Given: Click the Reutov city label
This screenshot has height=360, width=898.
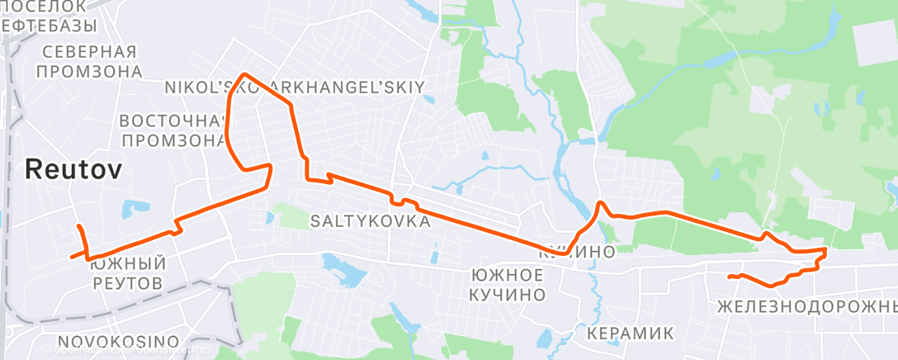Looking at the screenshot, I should point(74,171).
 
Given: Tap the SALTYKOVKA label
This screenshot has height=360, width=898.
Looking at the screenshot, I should point(371,222).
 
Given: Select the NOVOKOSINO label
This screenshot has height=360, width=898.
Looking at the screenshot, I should point(119,341).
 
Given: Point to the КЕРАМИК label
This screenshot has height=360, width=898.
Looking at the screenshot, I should point(630,334).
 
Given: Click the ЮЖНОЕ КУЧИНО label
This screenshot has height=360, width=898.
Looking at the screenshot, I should point(507,284).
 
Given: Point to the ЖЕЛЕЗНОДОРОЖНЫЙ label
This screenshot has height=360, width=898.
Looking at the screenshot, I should point(807,307).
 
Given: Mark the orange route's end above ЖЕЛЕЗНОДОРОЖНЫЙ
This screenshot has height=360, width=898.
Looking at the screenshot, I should point(730,277).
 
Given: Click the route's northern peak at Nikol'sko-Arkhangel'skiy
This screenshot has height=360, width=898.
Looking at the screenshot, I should point(243,75).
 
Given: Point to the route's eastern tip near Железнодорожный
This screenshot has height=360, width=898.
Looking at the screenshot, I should point(825,249).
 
